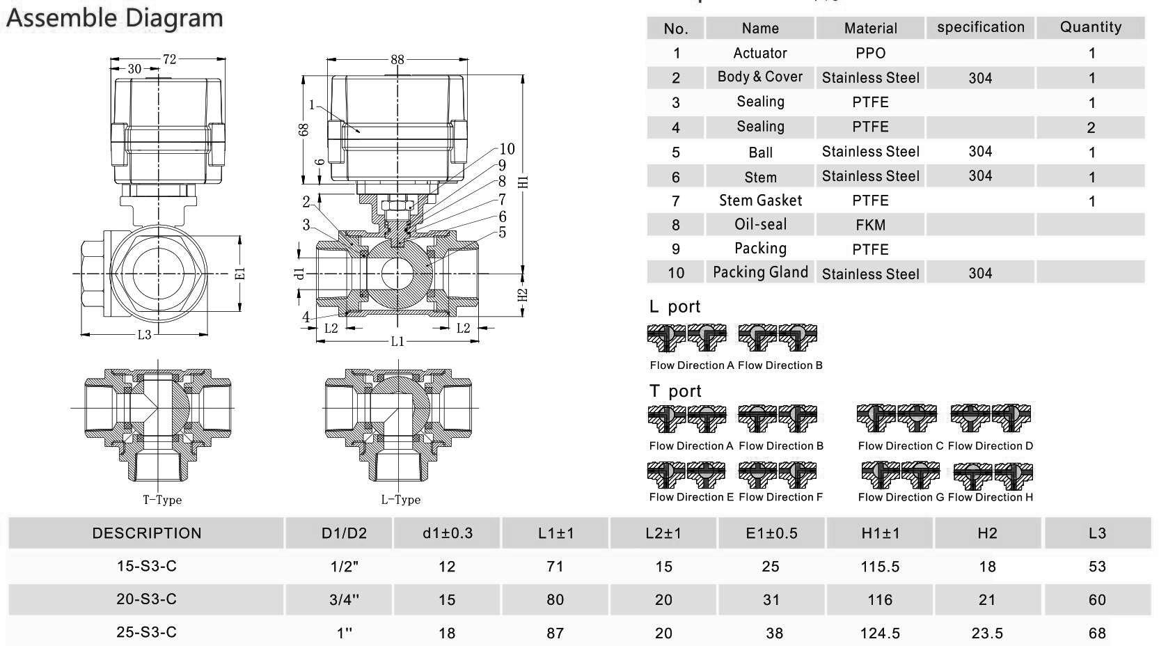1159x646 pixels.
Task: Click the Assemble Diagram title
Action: [115, 18]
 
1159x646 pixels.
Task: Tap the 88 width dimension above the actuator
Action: [397, 59]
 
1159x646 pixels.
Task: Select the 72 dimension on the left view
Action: [169, 59]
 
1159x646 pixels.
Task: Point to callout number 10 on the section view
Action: [507, 149]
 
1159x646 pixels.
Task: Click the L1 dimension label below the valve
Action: [397, 341]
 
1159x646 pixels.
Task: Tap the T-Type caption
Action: [162, 500]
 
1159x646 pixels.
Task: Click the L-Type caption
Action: [400, 500]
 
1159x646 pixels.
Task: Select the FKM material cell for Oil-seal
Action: [870, 225]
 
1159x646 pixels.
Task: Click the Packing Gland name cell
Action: [760, 272]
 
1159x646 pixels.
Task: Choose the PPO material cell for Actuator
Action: [870, 53]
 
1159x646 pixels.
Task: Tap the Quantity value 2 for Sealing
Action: [1090, 127]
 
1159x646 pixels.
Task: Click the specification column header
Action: [980, 27]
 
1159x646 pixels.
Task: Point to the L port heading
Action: [675, 307]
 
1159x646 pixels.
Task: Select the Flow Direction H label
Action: [990, 497]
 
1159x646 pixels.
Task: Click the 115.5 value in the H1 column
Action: [880, 567]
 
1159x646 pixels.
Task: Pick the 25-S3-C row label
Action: [146, 632]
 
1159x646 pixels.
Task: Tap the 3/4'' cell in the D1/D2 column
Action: [345, 600]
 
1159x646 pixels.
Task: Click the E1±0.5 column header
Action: [771, 533]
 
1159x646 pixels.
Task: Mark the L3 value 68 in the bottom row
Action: [1096, 633]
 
